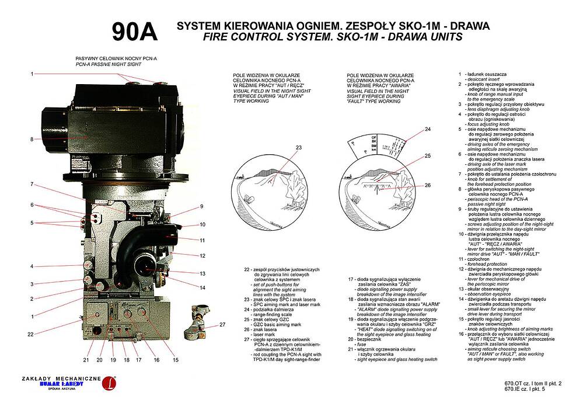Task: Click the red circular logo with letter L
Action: pyautogui.click(x=109, y=383)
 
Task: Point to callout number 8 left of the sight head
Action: pyautogui.click(x=33, y=139)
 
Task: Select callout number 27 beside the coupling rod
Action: pyautogui.click(x=222, y=324)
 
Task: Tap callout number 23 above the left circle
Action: pyautogui.click(x=298, y=148)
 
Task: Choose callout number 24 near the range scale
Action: pyautogui.click(x=428, y=129)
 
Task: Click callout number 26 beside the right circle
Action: pyautogui.click(x=428, y=185)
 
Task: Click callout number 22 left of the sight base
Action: pyautogui.click(x=30, y=334)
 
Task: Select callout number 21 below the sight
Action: pyautogui.click(x=86, y=360)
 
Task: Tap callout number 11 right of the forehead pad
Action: pyautogui.click(x=202, y=240)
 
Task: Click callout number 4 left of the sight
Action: pyautogui.click(x=33, y=266)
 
